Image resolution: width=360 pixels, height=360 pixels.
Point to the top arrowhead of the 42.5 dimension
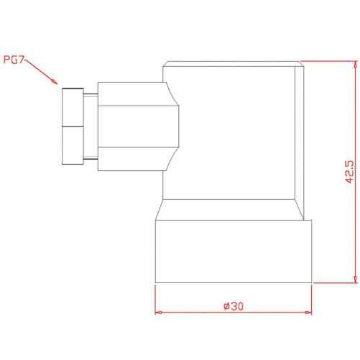tap(355, 65)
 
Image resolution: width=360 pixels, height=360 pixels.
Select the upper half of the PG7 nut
tap(73, 107)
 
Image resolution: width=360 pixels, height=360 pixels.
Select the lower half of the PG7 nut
tap(73, 147)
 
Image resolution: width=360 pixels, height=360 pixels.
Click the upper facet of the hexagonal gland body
tap(129, 93)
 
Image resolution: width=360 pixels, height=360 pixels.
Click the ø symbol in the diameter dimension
tap(226, 305)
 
